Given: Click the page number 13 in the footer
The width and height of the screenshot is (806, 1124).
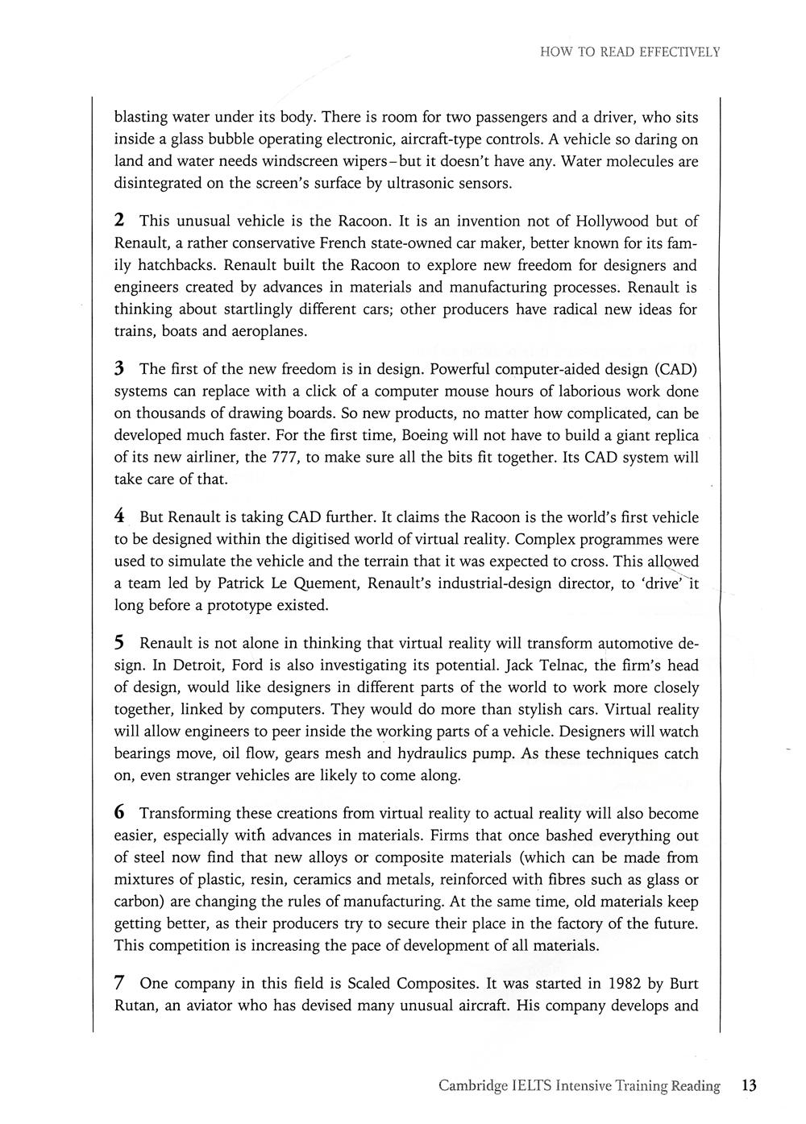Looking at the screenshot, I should coord(749,1085).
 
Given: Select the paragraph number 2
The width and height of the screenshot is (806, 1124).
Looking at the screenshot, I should coord(119,220).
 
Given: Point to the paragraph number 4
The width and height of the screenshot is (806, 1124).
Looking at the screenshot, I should coord(119,516).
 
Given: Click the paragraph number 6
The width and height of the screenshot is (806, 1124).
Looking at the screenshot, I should coord(119,812).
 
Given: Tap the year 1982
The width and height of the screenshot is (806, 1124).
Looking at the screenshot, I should coord(628,983).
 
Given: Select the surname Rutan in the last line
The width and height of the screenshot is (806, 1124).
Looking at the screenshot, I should coord(135,1006).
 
